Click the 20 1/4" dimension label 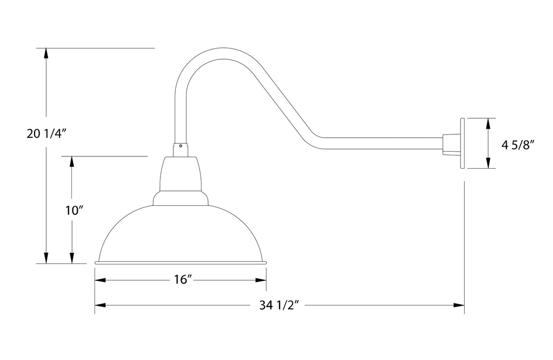tap(47, 134)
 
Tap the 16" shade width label tap(182, 280)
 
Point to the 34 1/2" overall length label tap(280, 305)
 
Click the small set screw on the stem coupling tap(181, 146)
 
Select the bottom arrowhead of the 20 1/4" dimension tap(47, 258)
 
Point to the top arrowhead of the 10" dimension tap(71, 161)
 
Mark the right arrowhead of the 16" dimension tap(261, 280)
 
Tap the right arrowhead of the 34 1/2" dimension tap(459, 305)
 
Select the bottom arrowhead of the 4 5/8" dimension tap(487, 164)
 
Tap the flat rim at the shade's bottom tap(181, 263)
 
